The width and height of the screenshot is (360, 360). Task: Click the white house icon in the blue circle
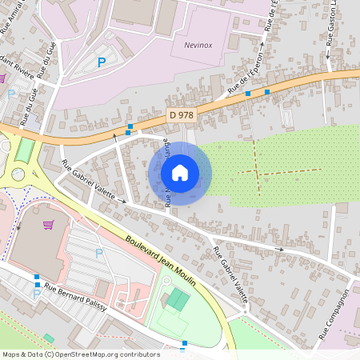tap(180, 173)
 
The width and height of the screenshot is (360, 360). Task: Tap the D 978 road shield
tap(182, 115)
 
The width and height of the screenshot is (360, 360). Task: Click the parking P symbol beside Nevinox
tap(102, 62)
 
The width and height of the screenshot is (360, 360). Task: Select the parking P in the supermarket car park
tap(99, 254)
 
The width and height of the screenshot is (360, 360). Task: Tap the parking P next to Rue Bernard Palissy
tap(36, 294)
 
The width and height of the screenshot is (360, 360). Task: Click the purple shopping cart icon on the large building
tap(49, 225)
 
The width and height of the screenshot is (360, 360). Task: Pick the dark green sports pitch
tap(178, 301)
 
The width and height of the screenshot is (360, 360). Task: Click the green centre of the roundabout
tap(18, 174)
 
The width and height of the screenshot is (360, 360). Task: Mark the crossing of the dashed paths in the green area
tap(258, 172)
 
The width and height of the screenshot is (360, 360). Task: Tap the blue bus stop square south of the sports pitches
tap(184, 344)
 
